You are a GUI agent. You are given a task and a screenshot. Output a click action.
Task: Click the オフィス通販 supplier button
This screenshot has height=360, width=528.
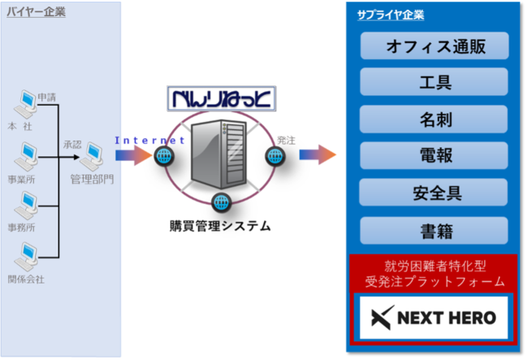(435, 46)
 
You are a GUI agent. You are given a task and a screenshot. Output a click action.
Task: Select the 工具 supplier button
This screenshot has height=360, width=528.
(434, 82)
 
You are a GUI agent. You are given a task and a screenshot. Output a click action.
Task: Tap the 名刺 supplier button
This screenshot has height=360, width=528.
(434, 119)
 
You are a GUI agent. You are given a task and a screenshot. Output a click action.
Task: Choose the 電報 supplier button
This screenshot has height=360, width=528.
(434, 155)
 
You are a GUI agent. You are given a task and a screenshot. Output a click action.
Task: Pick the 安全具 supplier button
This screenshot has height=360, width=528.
(434, 193)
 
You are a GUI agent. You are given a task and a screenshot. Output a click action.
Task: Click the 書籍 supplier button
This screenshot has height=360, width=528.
(434, 230)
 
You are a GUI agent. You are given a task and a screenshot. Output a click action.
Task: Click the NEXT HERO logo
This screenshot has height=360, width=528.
(434, 318)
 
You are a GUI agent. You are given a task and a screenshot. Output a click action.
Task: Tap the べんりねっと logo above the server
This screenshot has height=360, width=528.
(222, 98)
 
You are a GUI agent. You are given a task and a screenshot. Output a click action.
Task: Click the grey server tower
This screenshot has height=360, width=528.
(219, 154)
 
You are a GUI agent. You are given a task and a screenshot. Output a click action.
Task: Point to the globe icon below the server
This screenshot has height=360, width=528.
(221, 202)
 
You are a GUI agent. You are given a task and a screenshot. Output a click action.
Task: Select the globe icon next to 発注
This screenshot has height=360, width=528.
(275, 156)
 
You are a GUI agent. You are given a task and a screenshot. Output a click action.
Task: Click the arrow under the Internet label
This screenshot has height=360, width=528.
(133, 155)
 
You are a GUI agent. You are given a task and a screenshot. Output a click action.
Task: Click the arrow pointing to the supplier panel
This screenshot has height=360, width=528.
(318, 154)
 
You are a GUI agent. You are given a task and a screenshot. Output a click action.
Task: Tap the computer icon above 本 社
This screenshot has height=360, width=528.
(25, 104)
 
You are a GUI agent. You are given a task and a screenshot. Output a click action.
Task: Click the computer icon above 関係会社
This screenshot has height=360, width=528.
(26, 257)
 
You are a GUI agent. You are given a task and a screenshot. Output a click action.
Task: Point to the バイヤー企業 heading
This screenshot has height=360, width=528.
(36, 12)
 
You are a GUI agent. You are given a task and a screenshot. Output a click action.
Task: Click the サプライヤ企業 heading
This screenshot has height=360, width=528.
(391, 15)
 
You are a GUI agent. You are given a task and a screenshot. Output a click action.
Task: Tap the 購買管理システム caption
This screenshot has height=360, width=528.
(220, 226)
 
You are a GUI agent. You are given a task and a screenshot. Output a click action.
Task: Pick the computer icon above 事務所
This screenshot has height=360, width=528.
(26, 206)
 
